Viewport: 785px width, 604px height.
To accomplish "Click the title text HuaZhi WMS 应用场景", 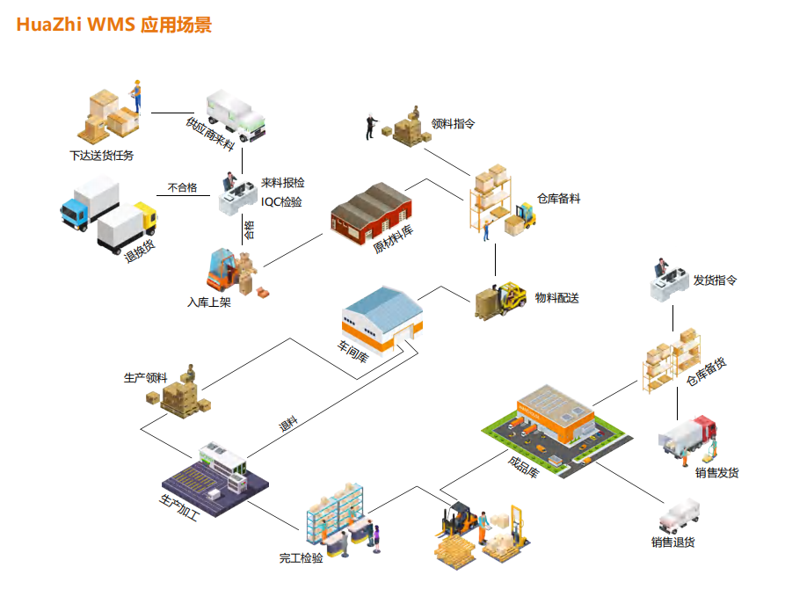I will click(x=113, y=25).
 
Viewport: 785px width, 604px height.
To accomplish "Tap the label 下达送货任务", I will click(x=102, y=156).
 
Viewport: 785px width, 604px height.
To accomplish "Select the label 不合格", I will click(x=182, y=187).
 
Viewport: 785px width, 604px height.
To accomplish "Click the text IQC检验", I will click(x=281, y=201).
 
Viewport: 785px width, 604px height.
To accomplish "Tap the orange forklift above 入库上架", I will click(x=227, y=271).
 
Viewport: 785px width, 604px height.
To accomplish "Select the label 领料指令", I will click(x=454, y=124).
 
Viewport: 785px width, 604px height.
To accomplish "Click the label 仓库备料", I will click(x=558, y=199).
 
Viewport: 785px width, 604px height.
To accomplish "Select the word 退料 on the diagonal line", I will click(x=288, y=425).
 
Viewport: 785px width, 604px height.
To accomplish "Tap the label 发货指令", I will click(x=715, y=280).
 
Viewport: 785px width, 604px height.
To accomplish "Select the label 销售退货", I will click(x=673, y=542).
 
